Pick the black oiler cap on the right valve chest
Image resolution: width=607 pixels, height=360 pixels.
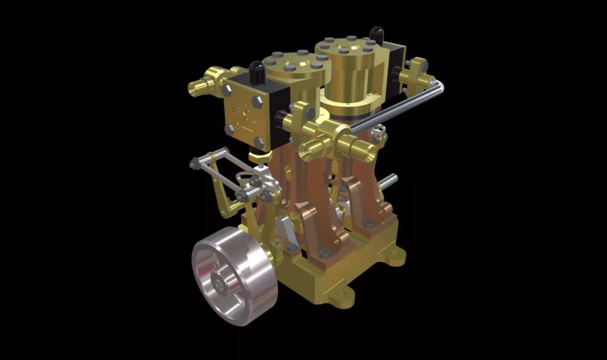pos(377,35)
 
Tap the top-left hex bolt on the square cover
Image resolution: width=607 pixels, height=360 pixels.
pos(227,90)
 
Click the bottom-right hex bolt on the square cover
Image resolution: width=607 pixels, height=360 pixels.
pos(259,142)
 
